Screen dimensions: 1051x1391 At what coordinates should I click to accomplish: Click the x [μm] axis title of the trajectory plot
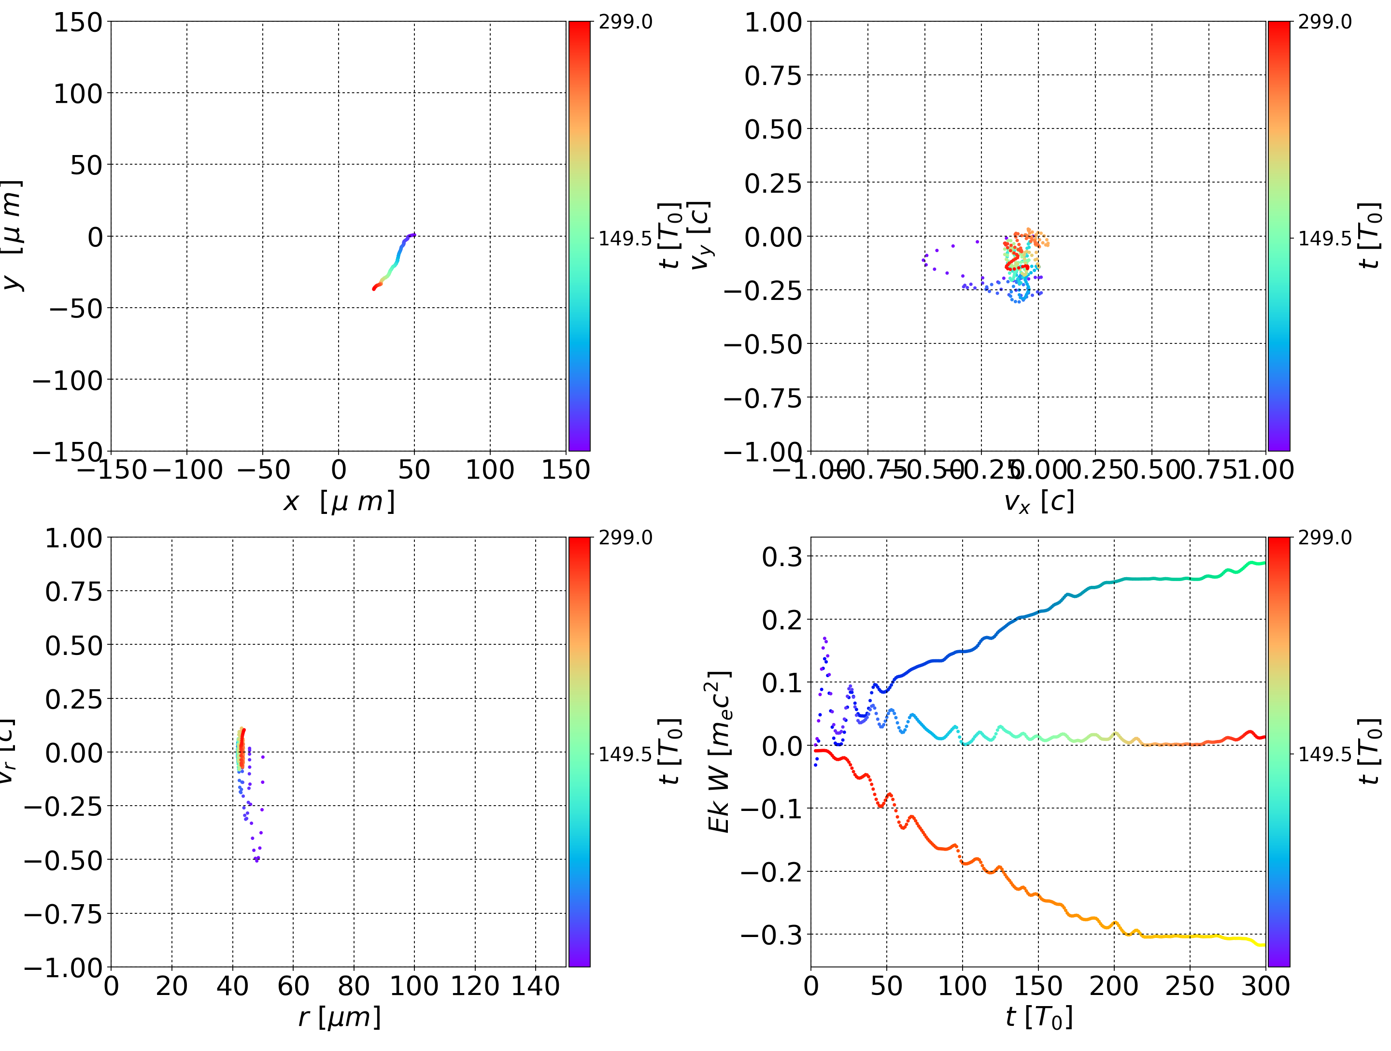pyautogui.click(x=339, y=502)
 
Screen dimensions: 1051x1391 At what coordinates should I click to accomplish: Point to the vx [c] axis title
pyautogui.click(x=1038, y=502)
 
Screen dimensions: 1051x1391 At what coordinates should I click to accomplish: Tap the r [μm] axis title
pyautogui.click(x=339, y=1018)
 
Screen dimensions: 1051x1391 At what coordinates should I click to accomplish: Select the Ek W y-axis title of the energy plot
pyautogui.click(x=719, y=752)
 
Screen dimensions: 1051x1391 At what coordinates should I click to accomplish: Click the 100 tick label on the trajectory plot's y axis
pyautogui.click(x=77, y=94)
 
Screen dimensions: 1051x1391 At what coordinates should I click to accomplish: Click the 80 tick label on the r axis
pyautogui.click(x=354, y=986)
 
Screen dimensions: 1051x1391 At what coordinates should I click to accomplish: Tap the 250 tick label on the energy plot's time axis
pyautogui.click(x=1190, y=986)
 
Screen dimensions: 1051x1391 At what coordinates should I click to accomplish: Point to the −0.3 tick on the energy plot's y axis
pyautogui.click(x=772, y=935)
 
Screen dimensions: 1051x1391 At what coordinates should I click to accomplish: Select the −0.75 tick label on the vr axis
pyautogui.click(x=63, y=914)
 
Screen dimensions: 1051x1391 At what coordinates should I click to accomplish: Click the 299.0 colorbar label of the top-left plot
pyautogui.click(x=625, y=22)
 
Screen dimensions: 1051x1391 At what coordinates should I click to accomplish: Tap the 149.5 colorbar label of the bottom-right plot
pyautogui.click(x=1324, y=754)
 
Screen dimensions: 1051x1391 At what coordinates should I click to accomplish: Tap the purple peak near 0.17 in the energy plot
pyautogui.click(x=824, y=639)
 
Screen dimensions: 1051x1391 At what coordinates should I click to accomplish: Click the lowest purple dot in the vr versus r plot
pyautogui.click(x=256, y=860)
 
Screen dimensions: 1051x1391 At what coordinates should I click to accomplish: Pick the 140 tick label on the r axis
pyautogui.click(x=536, y=986)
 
